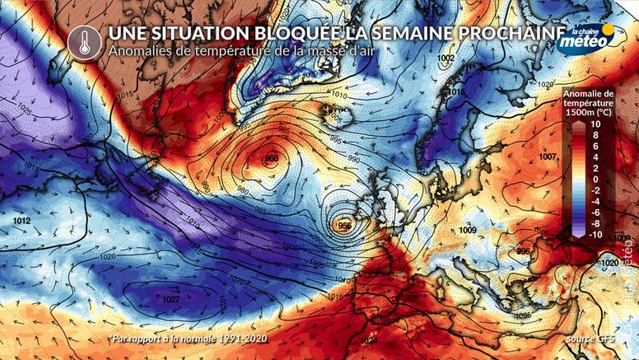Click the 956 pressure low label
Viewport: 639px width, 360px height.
345,224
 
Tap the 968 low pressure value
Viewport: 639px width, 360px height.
272,157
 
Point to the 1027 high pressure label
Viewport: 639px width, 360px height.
171,300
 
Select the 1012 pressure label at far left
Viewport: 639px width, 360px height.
22,222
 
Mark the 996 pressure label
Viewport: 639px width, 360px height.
524,250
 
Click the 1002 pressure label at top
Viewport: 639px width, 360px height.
446,59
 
